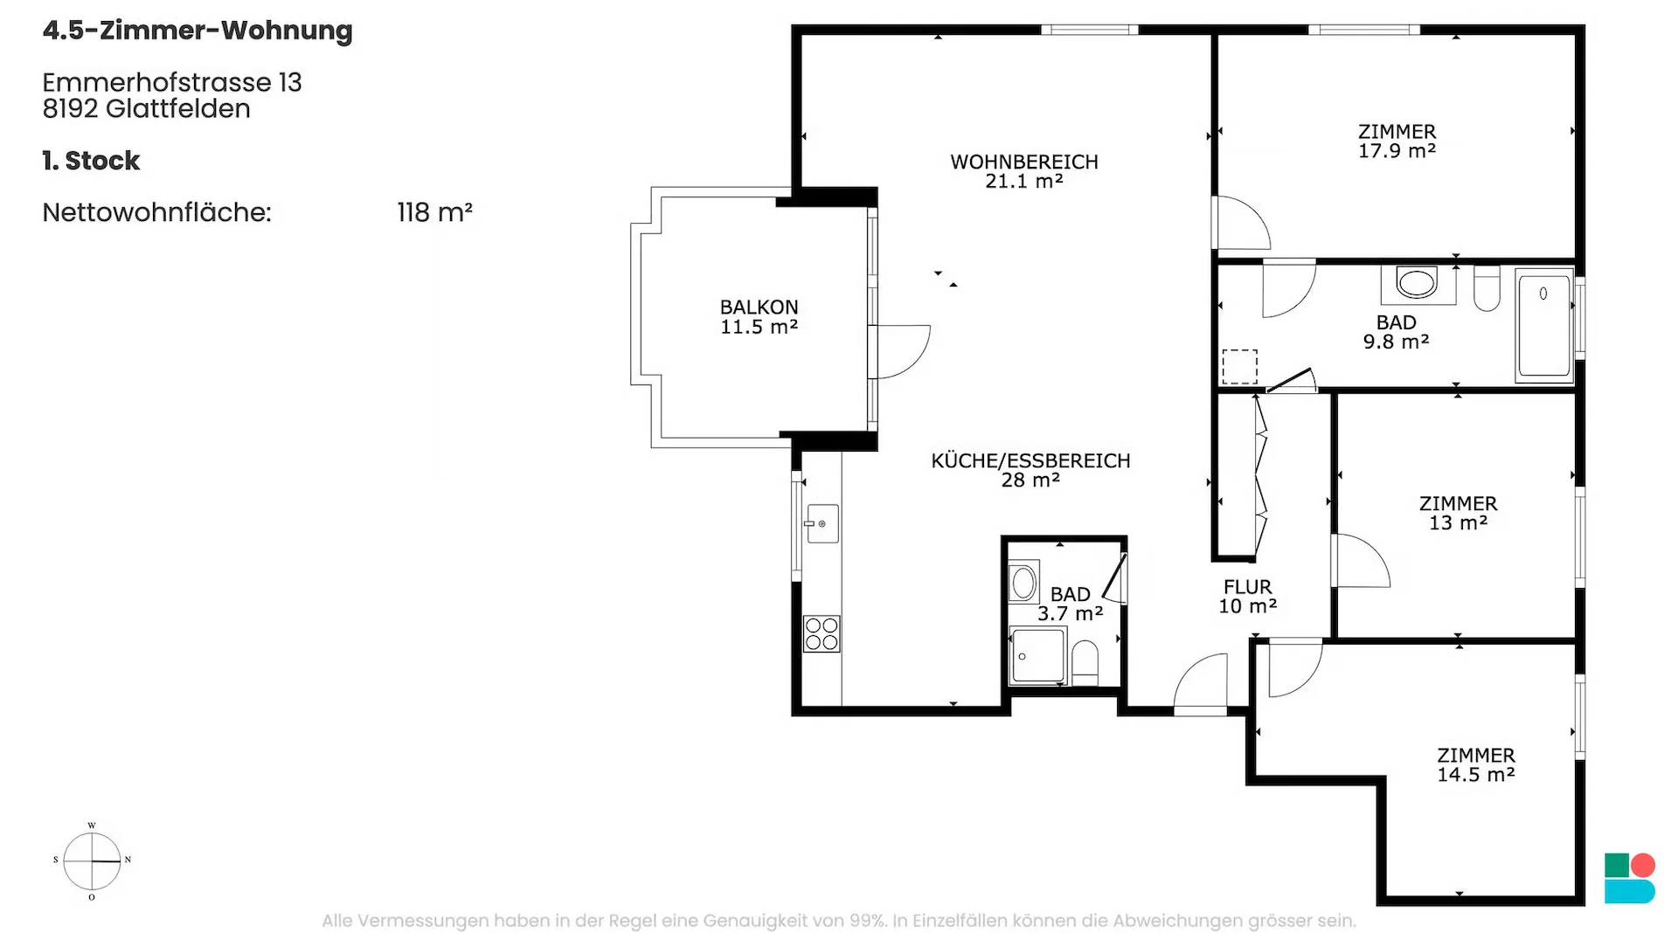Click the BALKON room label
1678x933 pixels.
[759, 308]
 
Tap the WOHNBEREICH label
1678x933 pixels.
[1024, 162]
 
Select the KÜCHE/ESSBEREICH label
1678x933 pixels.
[1030, 460]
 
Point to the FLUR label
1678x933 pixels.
[1247, 587]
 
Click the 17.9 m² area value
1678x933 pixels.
[1397, 151]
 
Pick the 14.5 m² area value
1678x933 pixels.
[1476, 775]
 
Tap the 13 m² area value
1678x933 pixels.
[1458, 523]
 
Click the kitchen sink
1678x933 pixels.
[822, 523]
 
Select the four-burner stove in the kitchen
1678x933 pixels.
[822, 634]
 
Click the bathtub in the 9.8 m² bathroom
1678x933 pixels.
[1544, 326]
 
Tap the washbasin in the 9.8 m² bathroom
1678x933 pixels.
[1417, 283]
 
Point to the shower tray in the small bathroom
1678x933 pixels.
[1037, 654]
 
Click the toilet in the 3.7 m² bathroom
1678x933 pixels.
[1085, 663]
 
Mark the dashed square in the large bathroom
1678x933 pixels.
[1239, 367]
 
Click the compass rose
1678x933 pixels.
[92, 861]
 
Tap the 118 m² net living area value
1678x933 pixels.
[434, 212]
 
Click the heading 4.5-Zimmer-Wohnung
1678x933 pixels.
[198, 31]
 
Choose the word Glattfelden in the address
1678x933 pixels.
[177, 109]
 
